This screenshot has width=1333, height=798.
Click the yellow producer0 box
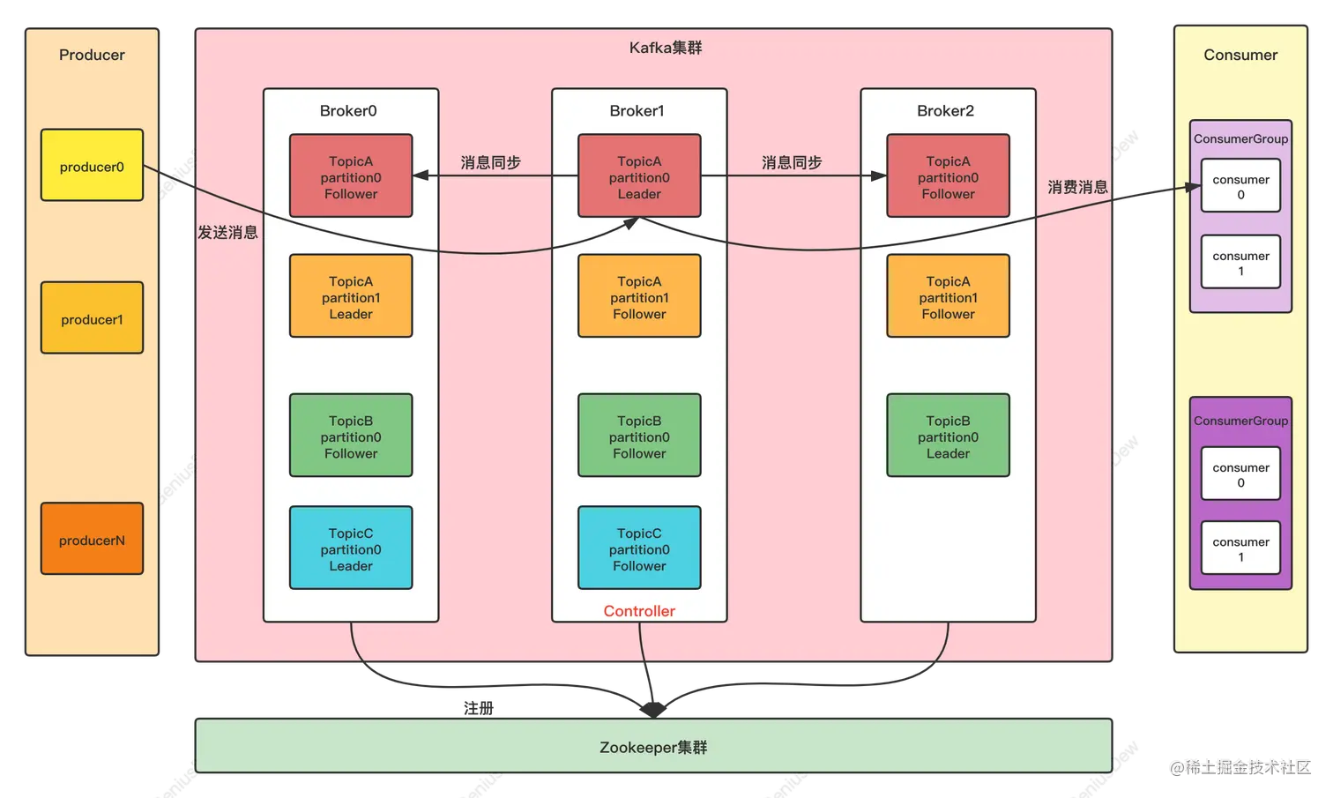coord(92,166)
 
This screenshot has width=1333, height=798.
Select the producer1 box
coord(92,318)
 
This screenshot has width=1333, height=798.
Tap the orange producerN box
coord(92,539)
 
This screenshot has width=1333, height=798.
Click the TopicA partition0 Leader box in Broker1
coord(639,176)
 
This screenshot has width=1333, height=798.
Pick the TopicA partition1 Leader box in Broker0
coord(351,296)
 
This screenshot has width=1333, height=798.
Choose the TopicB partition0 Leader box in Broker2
coord(948,436)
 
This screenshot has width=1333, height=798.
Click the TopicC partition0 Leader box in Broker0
coord(351,548)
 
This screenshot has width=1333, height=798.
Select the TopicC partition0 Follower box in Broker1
coord(639,548)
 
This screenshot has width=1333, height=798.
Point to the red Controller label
coord(639,611)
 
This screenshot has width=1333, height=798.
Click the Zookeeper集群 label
coord(653,748)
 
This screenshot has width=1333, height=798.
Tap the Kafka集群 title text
coord(666,48)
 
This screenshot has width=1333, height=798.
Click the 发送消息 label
coord(227,233)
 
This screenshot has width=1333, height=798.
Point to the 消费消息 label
coord(1077,187)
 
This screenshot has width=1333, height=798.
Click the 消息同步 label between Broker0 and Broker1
coord(491,163)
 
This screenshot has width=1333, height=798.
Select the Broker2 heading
coord(945,111)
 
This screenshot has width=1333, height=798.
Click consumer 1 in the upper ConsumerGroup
coord(1240,263)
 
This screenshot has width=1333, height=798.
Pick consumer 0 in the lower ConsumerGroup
coord(1240,474)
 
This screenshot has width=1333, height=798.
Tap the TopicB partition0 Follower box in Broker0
coord(351,436)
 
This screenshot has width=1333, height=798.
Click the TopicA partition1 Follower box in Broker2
coord(948,296)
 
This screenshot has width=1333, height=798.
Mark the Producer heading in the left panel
coord(92,55)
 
